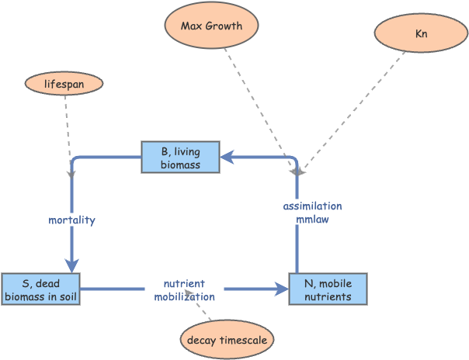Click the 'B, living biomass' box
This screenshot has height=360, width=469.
point(180,157)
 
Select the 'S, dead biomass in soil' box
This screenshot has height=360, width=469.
point(41,289)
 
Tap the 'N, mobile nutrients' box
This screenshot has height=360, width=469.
point(328,289)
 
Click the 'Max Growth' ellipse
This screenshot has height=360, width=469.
point(211,26)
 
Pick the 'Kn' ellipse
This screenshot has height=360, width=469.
point(421,35)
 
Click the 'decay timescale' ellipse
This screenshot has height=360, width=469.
point(227,339)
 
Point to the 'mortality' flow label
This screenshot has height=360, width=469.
point(71,220)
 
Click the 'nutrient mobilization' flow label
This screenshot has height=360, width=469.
point(184,290)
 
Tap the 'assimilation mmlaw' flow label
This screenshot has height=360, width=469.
point(312,213)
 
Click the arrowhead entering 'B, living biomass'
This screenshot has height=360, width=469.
point(228,157)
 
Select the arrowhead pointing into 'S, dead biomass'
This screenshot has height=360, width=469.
point(72,266)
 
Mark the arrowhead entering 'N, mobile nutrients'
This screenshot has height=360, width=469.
point(281,289)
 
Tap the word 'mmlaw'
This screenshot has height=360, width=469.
point(312,220)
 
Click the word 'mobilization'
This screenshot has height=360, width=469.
point(184,296)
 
